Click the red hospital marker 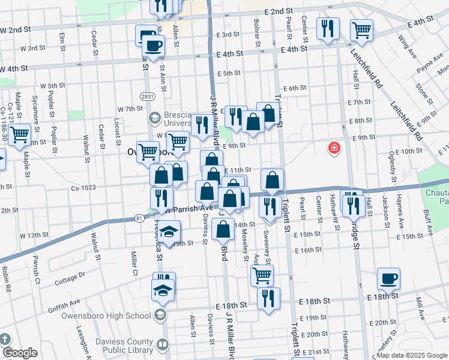[x=334, y=148]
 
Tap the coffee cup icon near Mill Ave [x=388, y=278]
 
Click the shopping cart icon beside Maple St [x=19, y=134]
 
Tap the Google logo [x=19, y=353]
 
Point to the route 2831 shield [x=146, y=97]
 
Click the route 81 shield [x=139, y=218]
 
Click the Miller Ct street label [x=134, y=262]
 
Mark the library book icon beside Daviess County [x=162, y=345]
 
